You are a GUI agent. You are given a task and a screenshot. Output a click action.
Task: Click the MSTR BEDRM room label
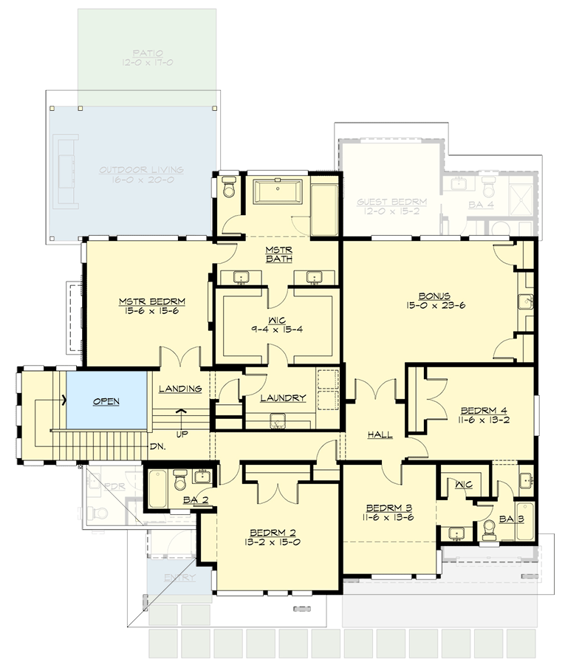click(x=151, y=301)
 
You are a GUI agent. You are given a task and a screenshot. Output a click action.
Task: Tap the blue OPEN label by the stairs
click(x=106, y=402)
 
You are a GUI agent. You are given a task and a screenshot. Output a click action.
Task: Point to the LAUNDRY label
click(x=283, y=398)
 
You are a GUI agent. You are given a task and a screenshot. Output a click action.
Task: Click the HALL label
click(x=380, y=435)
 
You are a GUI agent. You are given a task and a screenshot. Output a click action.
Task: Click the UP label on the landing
click(x=181, y=433)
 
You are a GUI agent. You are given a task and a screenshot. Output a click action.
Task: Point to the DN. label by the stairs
click(x=157, y=447)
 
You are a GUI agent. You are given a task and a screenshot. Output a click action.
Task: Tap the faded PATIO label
click(x=148, y=53)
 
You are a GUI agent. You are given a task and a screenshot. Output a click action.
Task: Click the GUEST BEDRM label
click(x=391, y=201)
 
